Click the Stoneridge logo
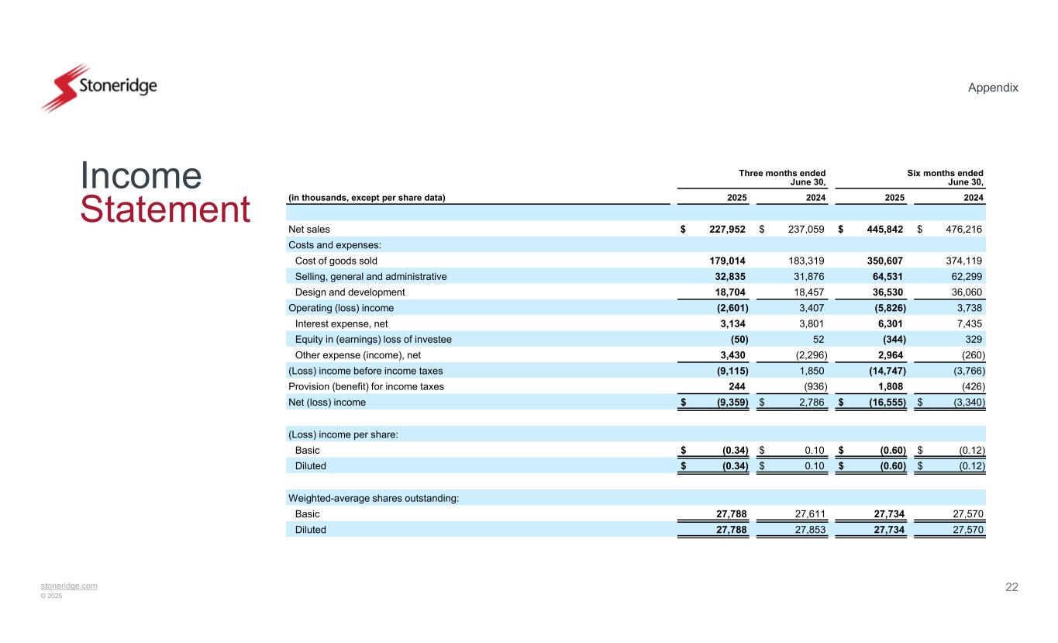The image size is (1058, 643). click(x=98, y=88)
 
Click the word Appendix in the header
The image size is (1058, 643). click(x=993, y=88)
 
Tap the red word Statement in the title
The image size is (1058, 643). click(x=165, y=210)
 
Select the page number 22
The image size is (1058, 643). click(x=1011, y=586)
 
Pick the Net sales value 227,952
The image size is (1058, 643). click(x=726, y=229)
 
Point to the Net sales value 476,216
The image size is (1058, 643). click(x=963, y=229)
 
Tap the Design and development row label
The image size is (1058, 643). click(x=350, y=292)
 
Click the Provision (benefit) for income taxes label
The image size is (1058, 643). click(x=366, y=386)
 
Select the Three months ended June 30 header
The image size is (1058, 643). click(x=781, y=178)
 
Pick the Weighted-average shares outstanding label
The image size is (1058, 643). click(x=373, y=498)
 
